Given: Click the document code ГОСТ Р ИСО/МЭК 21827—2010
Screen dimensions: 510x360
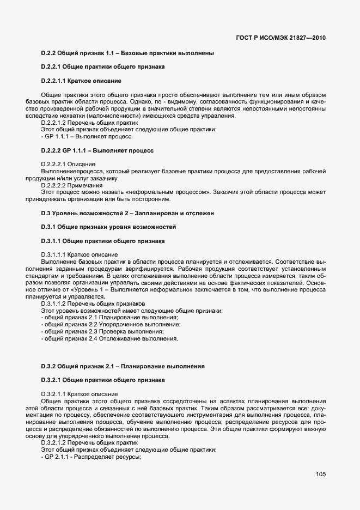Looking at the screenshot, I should point(282,38).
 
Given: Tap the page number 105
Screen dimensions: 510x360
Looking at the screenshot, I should point(320,475).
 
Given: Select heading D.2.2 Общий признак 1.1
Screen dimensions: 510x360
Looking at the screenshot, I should point(127,53).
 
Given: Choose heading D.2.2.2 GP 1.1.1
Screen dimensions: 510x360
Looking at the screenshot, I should point(97,150).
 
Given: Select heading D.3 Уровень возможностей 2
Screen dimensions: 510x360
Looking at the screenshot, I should point(127,213).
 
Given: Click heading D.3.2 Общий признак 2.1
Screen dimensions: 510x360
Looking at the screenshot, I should point(123,366).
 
